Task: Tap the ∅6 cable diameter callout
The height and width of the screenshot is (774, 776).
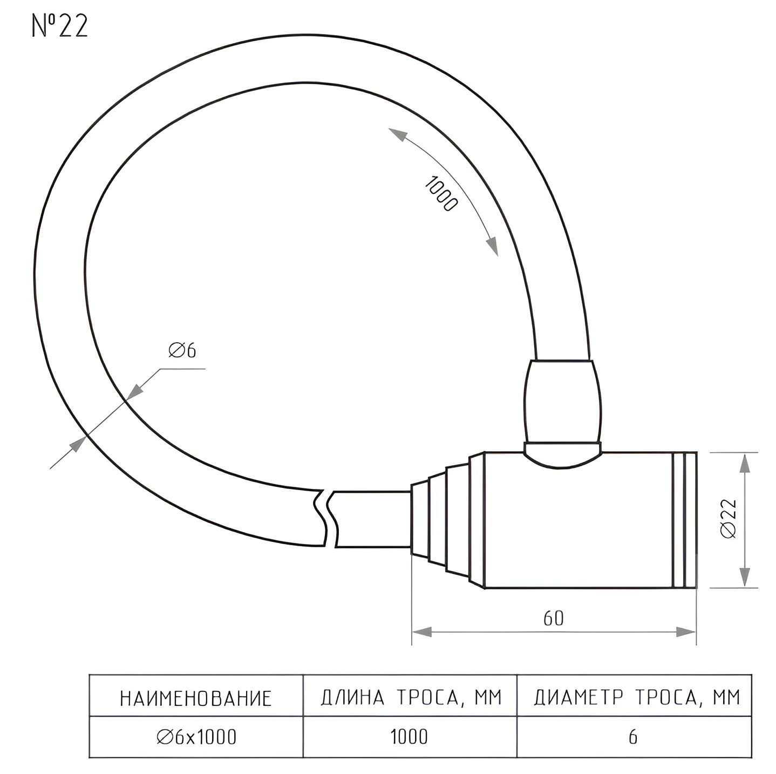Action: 182,350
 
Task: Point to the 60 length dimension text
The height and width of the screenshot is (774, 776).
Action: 554,619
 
